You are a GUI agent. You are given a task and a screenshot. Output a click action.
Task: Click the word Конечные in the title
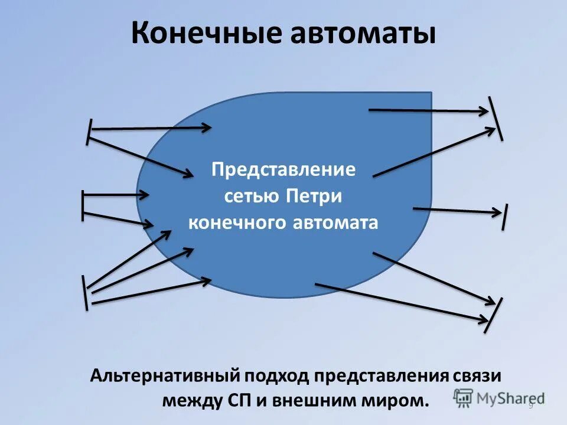206,34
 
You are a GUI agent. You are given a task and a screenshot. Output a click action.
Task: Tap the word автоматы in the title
363,34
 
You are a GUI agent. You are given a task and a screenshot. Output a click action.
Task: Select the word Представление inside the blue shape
283,170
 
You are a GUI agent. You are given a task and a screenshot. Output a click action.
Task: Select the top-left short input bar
89,131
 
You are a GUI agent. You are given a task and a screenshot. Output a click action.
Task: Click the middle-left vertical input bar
83,205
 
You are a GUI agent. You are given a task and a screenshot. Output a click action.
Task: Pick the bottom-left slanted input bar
86,292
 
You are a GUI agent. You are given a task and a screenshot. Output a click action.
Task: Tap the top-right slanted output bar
495,118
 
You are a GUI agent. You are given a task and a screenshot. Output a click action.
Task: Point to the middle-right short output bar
505,217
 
